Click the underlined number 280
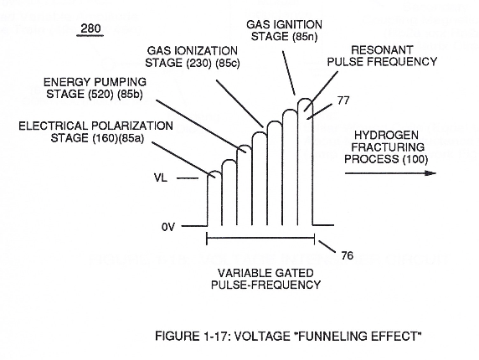(90, 28)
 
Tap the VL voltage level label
(161, 177)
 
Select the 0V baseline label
(168, 227)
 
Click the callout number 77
(343, 100)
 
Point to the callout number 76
(347, 255)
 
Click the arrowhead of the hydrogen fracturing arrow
(430, 173)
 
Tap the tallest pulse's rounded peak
(305, 101)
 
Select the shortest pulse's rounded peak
(214, 174)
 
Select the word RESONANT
(382, 49)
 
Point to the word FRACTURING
(388, 147)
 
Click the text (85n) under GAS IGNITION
(305, 37)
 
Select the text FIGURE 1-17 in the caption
(191, 337)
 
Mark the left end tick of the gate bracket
(207, 239)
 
